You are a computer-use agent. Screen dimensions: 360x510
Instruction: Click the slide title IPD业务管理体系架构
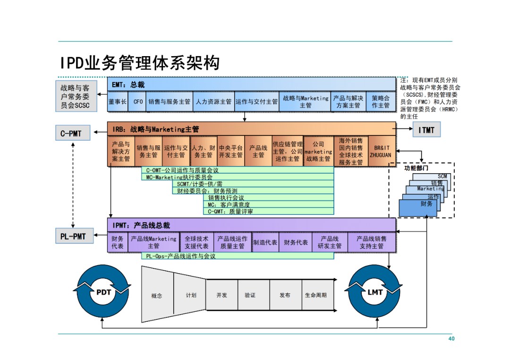[x=140, y=62]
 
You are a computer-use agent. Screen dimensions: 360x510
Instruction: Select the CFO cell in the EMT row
[x=138, y=102]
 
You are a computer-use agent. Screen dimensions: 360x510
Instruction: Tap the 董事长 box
[x=118, y=102]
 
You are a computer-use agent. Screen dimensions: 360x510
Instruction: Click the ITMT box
[x=426, y=130]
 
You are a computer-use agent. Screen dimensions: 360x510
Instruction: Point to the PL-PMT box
[x=73, y=236]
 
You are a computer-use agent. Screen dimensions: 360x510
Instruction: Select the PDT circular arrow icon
[x=103, y=293]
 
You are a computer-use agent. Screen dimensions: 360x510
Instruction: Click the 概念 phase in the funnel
[x=157, y=295]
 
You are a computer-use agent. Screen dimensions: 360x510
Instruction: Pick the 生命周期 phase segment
[x=315, y=295]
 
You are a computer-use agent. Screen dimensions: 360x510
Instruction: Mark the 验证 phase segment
[x=250, y=295]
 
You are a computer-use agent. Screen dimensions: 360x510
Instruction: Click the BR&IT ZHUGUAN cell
[x=381, y=151]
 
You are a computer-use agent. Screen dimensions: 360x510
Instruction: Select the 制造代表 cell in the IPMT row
[x=265, y=243]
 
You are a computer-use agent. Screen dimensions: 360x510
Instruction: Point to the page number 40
[x=451, y=339]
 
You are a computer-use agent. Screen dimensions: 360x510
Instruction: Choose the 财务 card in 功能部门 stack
[x=418, y=207]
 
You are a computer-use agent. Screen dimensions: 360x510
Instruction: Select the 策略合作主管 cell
[x=380, y=102]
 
